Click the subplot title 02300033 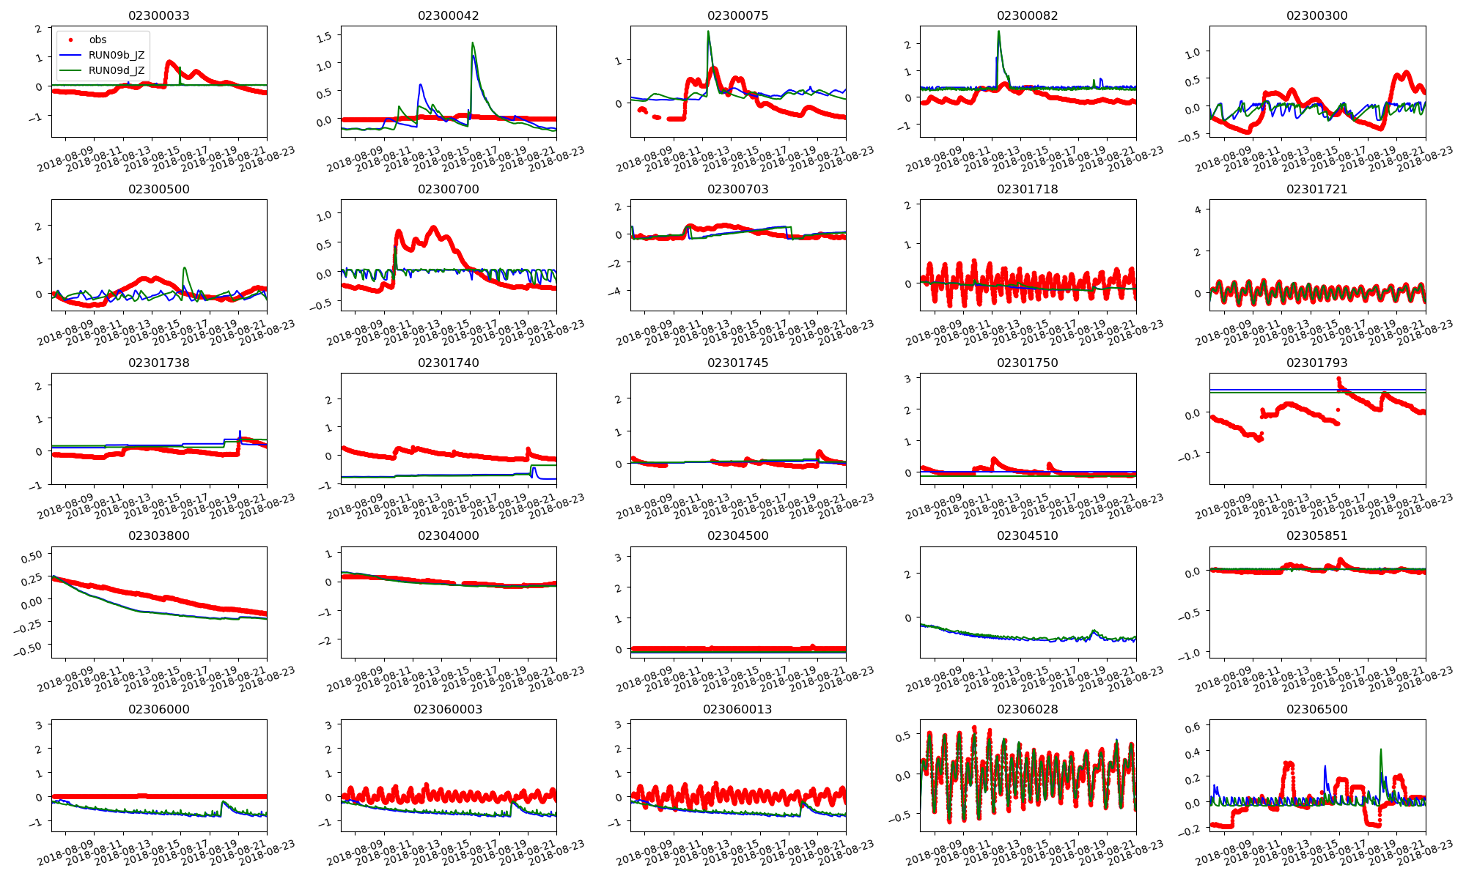click(x=158, y=15)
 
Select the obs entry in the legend click(x=97, y=40)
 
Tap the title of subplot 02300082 click(x=1027, y=15)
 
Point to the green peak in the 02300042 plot click(x=473, y=43)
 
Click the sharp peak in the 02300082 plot click(x=998, y=31)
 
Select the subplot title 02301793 click(x=1316, y=363)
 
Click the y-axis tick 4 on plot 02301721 click(x=1198, y=209)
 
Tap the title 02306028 click(x=1027, y=709)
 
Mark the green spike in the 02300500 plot click(x=185, y=268)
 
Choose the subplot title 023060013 click(x=737, y=709)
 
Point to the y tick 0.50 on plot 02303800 click(x=32, y=557)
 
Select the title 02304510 click(x=1027, y=535)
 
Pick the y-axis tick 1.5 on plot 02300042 click(x=325, y=36)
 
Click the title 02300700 click(x=448, y=189)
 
